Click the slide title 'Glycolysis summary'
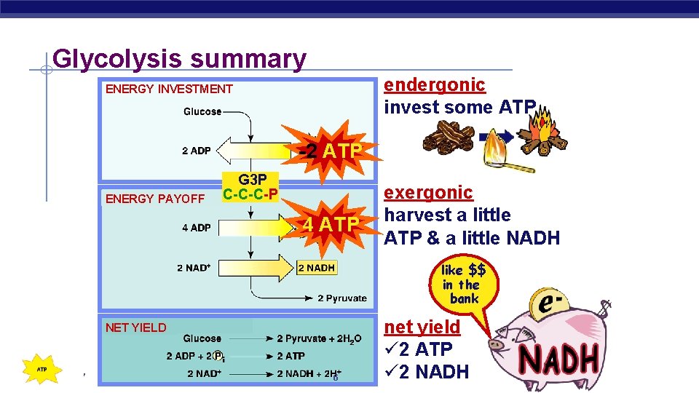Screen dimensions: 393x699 [x=179, y=58]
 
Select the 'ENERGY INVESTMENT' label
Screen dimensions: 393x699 [x=169, y=90]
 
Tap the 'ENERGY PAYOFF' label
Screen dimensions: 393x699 [x=154, y=199]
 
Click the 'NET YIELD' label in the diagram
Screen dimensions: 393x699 [x=135, y=327]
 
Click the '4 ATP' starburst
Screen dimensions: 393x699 [x=332, y=224]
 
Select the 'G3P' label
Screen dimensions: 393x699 [x=253, y=180]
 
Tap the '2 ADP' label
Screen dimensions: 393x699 [x=196, y=151]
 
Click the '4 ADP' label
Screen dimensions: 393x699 [x=196, y=228]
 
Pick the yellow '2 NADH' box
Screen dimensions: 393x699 [x=317, y=268]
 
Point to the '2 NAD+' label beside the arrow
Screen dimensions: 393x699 [x=194, y=268]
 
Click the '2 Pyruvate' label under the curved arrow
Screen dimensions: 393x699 [x=341, y=298]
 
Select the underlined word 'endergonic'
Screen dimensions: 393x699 [x=434, y=84]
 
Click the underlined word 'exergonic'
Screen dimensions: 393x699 [x=428, y=193]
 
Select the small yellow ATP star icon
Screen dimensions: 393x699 [x=42, y=369]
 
